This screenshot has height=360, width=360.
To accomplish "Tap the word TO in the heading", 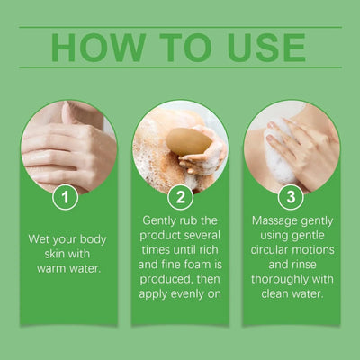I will pos(186,47).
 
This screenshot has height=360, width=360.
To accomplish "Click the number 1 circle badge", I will pos(64,196).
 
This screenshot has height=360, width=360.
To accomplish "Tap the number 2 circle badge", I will pos(180,196).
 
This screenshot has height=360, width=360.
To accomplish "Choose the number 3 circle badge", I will pos(291,196).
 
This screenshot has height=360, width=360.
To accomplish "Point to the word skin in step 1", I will pos(45,254).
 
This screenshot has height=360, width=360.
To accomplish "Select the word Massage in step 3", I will pos(271,221).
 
